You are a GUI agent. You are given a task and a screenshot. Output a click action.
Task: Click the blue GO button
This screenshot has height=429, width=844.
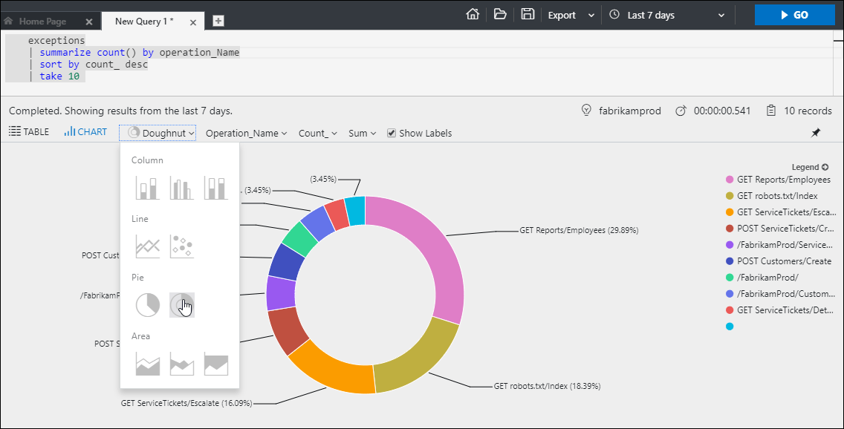794,15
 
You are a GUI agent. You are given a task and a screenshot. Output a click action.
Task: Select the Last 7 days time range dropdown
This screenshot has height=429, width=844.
666,15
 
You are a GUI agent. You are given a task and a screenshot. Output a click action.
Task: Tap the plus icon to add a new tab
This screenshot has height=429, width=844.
218,22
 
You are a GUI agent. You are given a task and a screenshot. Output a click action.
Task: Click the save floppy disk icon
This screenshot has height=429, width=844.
527,14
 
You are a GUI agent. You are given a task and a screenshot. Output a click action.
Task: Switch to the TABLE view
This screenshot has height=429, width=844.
29,132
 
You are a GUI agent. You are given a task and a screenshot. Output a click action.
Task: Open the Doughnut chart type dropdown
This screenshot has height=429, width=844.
161,133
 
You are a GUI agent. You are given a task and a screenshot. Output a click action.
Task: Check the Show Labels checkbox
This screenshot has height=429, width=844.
392,133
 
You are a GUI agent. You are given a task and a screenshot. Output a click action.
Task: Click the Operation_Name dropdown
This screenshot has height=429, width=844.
246,133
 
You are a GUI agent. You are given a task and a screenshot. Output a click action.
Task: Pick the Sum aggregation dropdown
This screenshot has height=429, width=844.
362,133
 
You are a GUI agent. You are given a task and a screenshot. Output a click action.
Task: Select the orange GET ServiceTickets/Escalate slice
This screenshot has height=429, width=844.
327,370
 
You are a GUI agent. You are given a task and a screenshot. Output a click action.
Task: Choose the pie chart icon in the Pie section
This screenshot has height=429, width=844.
147,304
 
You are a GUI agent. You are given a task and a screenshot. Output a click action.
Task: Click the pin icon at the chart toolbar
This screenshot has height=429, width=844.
816,133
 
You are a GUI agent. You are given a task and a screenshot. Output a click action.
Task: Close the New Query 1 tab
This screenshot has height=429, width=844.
193,22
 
